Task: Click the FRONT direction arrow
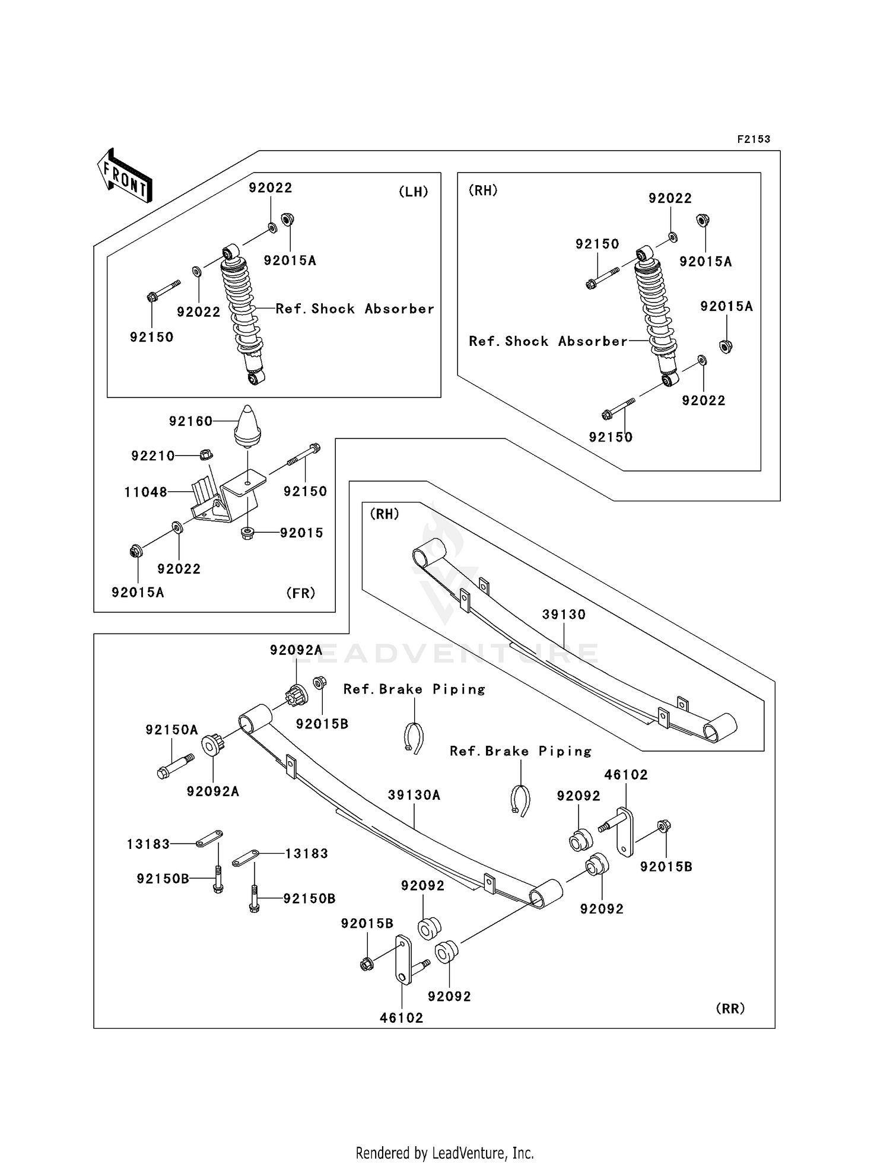click(125, 176)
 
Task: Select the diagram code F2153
click(754, 139)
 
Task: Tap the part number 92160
click(190, 421)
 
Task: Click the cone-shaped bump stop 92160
click(248, 426)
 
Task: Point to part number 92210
click(153, 456)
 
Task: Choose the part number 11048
click(145, 492)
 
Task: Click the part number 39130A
click(414, 795)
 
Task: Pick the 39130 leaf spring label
click(564, 615)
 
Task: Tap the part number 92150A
click(172, 730)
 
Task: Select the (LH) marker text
click(413, 192)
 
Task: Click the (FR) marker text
click(300, 593)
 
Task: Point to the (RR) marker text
click(730, 1009)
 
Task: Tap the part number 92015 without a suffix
click(302, 533)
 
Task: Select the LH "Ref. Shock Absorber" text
click(355, 309)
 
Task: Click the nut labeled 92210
click(205, 455)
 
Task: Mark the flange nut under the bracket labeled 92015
click(248, 533)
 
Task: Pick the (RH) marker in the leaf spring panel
click(384, 514)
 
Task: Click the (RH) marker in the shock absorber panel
click(483, 190)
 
